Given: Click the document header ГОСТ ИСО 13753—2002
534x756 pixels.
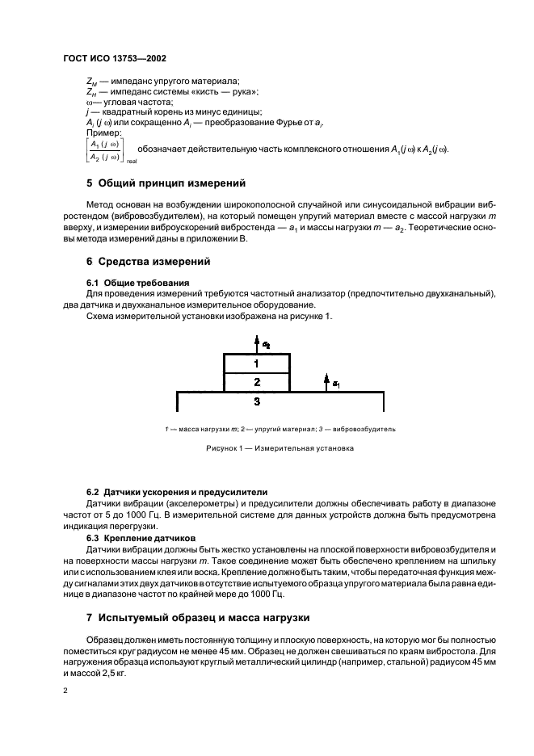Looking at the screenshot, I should click(x=115, y=59).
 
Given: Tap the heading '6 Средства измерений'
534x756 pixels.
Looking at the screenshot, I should click(x=149, y=262).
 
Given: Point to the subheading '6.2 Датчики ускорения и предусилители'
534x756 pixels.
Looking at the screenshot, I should click(x=178, y=492).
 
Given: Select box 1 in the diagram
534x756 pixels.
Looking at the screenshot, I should click(x=256, y=363).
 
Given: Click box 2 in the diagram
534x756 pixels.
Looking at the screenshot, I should click(x=256, y=381).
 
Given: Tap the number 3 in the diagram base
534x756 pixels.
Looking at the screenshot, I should click(x=256, y=401).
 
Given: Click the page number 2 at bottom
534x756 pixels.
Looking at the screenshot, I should click(x=65, y=691).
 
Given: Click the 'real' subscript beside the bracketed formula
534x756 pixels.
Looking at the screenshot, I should click(x=131, y=162).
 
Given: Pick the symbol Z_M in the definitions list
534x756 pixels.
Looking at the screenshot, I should click(x=90, y=82).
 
